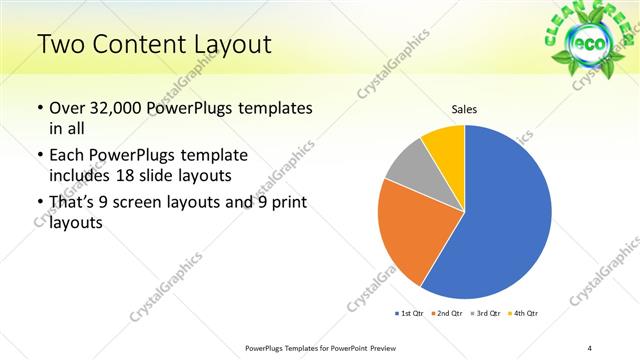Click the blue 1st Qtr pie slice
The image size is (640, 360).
[500, 220]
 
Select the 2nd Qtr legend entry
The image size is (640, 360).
[445, 313]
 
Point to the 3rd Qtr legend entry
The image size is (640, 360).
[484, 313]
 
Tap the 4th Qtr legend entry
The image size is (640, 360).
[524, 313]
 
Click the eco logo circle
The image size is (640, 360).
[585, 47]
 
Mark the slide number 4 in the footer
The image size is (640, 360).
[590, 348]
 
